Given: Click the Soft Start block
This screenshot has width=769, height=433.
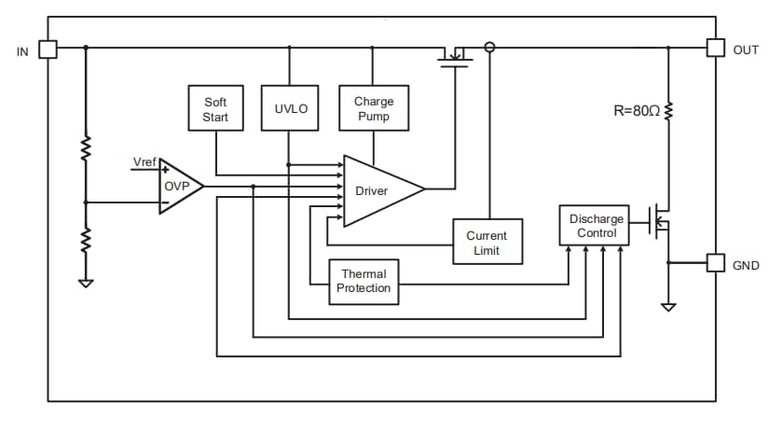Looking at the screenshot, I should click(215, 108).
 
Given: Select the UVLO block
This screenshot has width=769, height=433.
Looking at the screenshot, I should click(290, 108).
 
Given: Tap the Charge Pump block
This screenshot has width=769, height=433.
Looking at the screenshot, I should click(373, 108).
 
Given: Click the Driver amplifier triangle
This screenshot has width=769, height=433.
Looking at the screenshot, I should click(378, 190).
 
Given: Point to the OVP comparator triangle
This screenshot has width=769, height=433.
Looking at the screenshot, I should click(178, 187).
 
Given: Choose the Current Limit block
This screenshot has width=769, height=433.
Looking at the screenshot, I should click(487, 243).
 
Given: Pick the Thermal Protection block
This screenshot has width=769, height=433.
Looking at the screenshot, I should click(364, 281).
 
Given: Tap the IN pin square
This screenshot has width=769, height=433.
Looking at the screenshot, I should click(48, 49).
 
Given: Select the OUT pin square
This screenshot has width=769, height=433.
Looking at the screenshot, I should click(715, 49).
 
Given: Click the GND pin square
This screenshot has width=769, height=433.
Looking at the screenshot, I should click(715, 263).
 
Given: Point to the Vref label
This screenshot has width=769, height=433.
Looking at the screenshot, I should click(144, 162).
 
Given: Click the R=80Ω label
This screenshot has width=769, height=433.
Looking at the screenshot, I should click(637, 111).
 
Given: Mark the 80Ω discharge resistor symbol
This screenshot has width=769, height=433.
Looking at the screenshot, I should click(667, 111).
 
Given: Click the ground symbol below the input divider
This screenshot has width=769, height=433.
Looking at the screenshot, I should click(86, 282).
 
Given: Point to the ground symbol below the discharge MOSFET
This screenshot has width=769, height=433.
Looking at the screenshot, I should click(667, 305).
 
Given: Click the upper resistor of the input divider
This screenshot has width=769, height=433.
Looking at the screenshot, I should click(86, 149).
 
